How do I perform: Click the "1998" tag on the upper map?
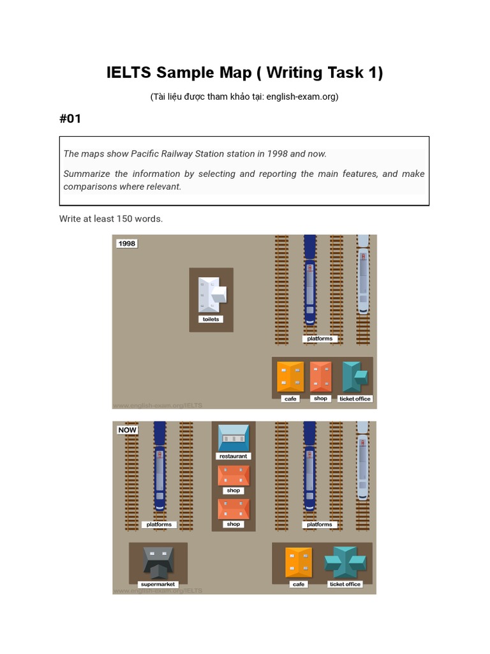coord(127,243)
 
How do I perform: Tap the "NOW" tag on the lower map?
coord(128,430)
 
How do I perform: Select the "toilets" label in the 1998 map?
coord(211,319)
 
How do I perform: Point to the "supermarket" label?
coord(158,584)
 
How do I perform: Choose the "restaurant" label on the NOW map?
coord(234,456)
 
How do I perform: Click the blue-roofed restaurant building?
coord(234,438)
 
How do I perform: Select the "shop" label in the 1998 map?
coord(320,398)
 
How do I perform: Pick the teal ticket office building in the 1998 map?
coord(354,376)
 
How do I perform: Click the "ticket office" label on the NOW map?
coord(345,584)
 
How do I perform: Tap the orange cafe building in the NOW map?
coord(299,562)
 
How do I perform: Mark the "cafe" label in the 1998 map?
coord(291,399)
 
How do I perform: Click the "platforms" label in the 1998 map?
coord(320,338)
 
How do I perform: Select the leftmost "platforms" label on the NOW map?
coord(159,524)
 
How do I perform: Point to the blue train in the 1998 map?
coord(309,281)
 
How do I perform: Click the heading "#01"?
coord(70,119)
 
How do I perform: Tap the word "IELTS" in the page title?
coord(128,73)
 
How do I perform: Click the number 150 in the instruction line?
coord(124,218)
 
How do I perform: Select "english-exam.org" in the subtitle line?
coord(301,97)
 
